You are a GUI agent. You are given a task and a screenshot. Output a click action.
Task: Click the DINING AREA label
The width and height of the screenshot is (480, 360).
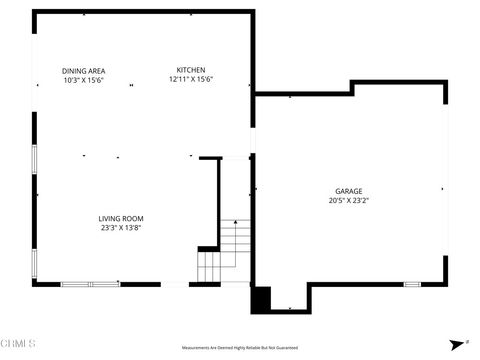pos(84,70)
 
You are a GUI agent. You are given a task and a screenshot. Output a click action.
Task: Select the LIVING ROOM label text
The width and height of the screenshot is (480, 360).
pos(121,218)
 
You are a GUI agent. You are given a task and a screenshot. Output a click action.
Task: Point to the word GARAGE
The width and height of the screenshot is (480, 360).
pos(348,191)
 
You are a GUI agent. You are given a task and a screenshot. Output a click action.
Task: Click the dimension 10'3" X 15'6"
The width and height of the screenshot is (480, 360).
pos(84,80)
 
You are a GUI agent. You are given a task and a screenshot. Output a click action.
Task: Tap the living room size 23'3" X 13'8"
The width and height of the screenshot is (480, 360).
pos(121,228)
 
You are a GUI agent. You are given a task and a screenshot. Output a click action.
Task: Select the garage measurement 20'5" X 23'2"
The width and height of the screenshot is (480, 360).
pos(348,200)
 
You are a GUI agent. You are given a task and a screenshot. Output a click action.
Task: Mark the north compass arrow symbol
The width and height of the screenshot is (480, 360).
pos(456,342)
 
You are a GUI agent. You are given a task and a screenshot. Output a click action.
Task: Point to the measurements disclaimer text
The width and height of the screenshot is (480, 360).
pos(239,347)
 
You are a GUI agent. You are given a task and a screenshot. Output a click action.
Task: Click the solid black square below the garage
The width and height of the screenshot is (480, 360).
pos(260,298)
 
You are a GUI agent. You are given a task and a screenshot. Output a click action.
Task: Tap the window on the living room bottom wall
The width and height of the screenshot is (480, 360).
pos(90,284)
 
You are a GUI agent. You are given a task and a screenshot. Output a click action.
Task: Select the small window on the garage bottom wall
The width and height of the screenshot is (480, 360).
pos(411,284)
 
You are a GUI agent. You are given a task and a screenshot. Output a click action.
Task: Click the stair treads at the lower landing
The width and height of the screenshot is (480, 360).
pos(208,268)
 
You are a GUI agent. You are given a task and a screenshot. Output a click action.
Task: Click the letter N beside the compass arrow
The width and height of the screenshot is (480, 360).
pos(467,340)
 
